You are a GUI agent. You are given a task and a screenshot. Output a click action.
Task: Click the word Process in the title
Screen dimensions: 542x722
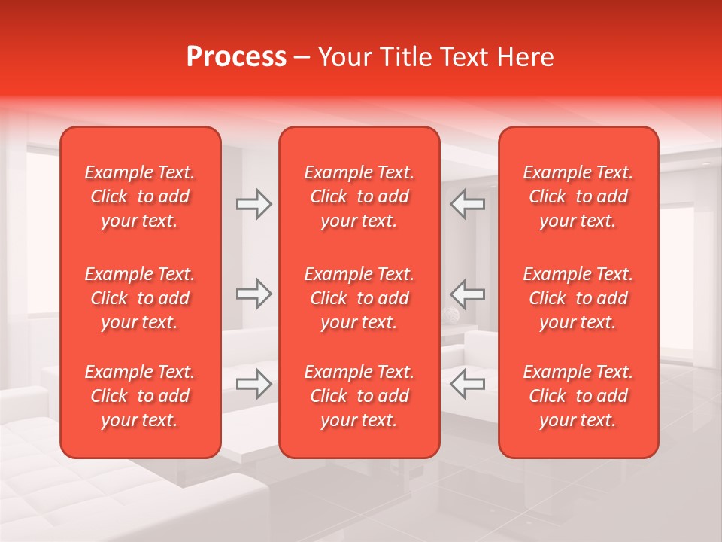pos(236,57)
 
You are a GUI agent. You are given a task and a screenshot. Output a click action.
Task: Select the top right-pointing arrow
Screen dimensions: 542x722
pos(254,204)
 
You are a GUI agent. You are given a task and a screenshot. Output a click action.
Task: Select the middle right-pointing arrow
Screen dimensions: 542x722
pos(254,294)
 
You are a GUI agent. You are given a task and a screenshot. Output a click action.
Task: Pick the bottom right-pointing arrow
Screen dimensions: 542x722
pos(254,384)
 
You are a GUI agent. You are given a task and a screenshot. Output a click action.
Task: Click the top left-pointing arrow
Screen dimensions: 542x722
pos(467,204)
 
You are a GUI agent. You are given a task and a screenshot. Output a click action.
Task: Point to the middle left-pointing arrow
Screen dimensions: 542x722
pos(467,294)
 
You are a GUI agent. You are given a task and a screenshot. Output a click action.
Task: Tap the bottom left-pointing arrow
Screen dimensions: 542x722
pos(467,384)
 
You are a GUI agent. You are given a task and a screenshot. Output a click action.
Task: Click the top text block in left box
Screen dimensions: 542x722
pos(140,196)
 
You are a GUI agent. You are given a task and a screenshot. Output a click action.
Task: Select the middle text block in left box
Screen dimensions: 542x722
pos(140,298)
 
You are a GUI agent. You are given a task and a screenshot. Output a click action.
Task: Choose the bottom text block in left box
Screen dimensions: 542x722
pos(140,396)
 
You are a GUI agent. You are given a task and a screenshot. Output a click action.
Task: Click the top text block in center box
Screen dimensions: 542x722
pos(359,196)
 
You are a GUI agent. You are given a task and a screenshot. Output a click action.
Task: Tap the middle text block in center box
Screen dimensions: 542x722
pos(359,298)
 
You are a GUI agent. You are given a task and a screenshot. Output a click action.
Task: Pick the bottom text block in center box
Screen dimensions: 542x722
pos(359,396)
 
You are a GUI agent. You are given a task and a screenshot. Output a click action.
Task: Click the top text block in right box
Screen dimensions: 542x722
pos(578,196)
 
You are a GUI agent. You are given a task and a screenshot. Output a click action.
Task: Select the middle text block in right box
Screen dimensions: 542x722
pos(578,298)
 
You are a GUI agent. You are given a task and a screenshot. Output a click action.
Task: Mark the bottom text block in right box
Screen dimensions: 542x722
pos(578,396)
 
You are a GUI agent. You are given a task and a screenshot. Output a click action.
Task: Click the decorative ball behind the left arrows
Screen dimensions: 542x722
pos(451,317)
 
